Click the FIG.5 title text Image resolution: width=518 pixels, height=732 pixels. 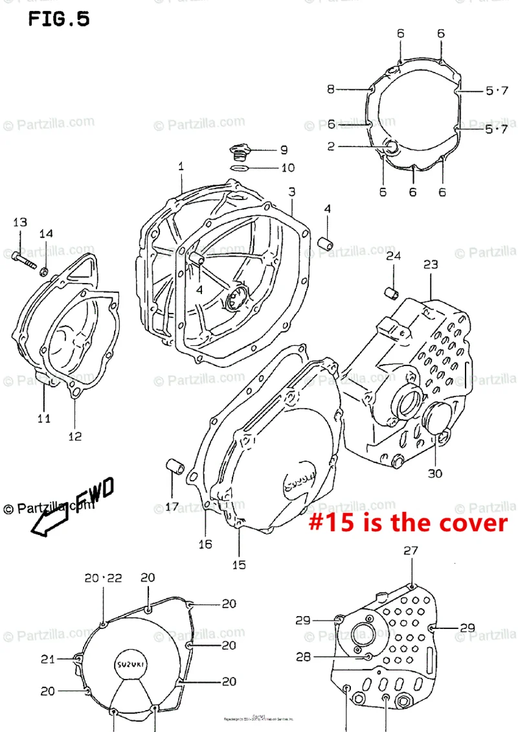tap(58, 19)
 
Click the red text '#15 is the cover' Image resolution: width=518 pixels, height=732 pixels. tap(407, 522)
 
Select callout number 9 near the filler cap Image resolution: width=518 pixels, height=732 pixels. tap(284, 150)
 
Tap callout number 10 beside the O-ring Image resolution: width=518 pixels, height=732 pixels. tap(287, 168)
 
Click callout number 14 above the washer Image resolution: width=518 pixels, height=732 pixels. tap(47, 234)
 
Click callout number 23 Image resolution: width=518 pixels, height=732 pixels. tap(431, 264)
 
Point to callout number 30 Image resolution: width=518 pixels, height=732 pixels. tap(434, 473)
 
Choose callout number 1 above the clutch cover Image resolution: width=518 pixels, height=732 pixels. tap(181, 166)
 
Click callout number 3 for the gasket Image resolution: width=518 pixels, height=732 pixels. tap(292, 192)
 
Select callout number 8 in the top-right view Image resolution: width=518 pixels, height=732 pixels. tap(331, 89)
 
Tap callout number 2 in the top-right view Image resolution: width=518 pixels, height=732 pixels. tap(331, 146)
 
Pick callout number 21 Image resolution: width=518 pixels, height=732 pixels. tap(47, 659)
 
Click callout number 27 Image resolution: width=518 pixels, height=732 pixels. tap(411, 551)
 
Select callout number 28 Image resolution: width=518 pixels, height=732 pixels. tap(303, 657)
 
